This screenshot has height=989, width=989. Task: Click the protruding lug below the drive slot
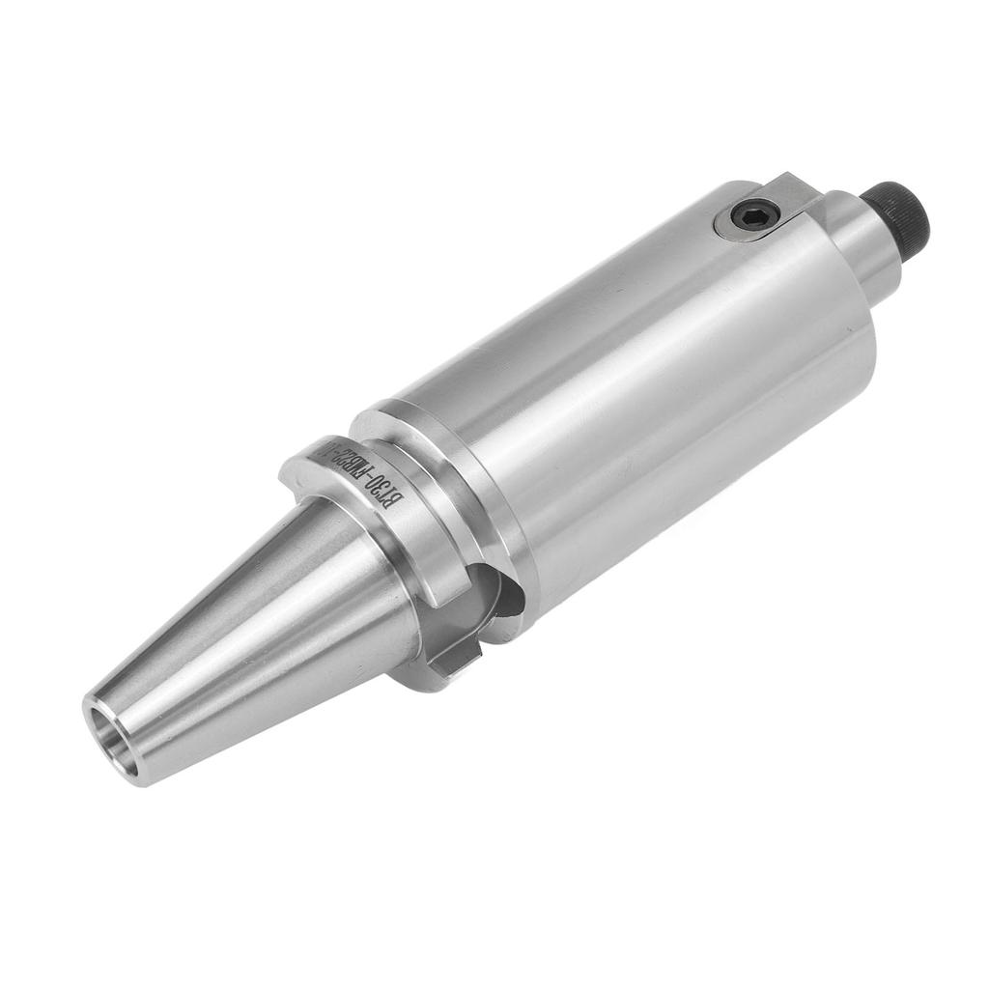[454, 657]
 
